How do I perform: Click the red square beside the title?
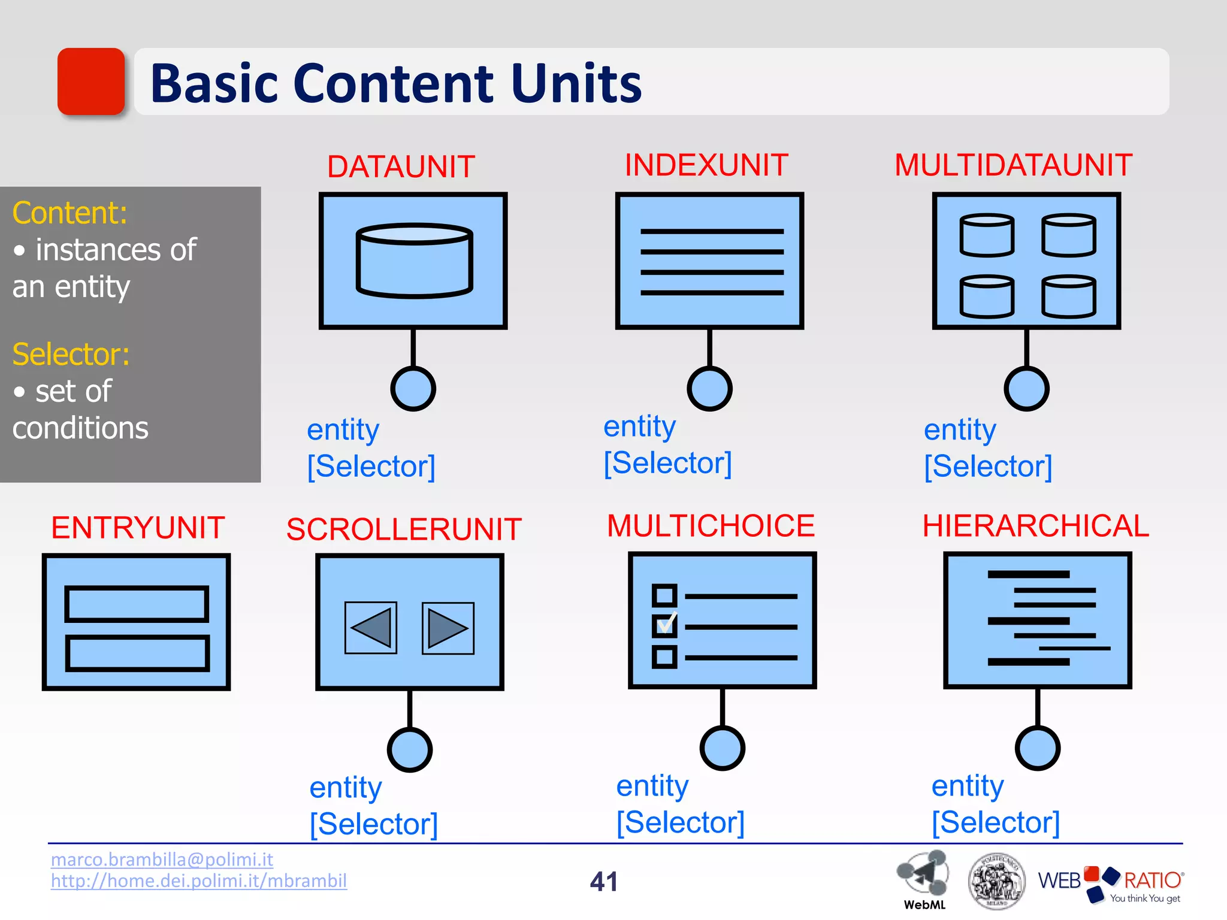tap(91, 81)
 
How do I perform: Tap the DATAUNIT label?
tap(401, 167)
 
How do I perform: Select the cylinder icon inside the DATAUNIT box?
tap(414, 261)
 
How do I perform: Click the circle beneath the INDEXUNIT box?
tap(709, 389)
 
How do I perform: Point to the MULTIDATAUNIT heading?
tap(1013, 165)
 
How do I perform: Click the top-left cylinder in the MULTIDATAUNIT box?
tap(987, 235)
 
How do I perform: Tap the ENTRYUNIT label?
tap(138, 528)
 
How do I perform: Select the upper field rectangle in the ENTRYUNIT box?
tap(137, 604)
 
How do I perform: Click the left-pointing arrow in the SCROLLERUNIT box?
tap(371, 628)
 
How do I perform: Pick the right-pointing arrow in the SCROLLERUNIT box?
tap(448, 628)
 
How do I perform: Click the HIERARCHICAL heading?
tap(1035, 526)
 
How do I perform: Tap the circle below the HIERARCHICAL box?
tap(1038, 748)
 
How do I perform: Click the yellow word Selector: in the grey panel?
tap(71, 354)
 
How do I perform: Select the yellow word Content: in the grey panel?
tap(69, 213)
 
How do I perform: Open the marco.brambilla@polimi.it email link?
tap(162, 860)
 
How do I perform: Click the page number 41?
tap(603, 882)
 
